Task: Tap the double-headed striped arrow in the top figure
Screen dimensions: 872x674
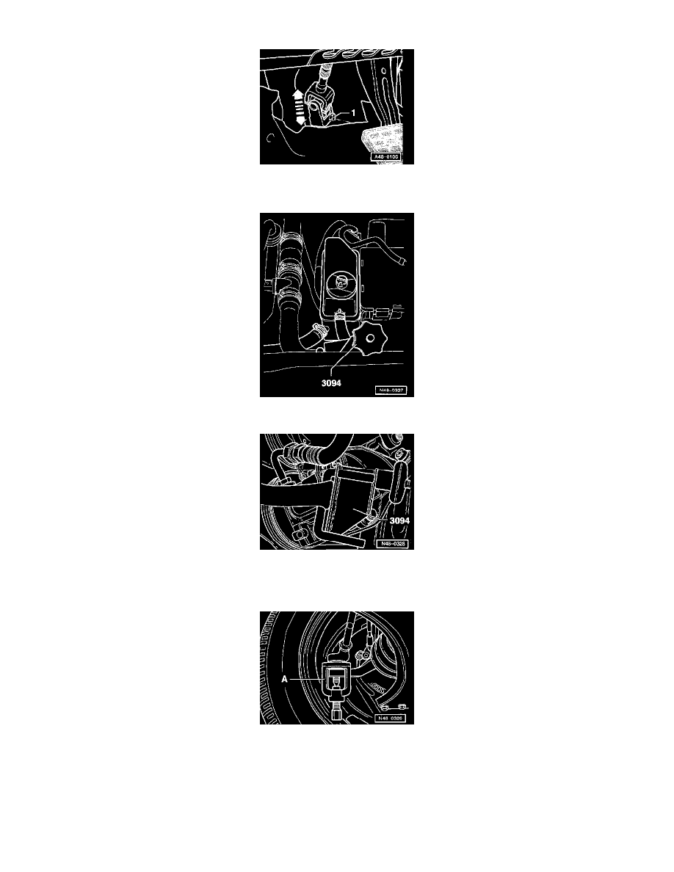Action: tap(299, 106)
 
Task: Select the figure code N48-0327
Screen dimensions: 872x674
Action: tap(391, 389)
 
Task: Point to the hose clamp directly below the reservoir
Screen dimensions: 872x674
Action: tap(339, 316)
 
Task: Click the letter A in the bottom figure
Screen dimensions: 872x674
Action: tap(283, 679)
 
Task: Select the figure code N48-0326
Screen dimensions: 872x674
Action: tap(391, 717)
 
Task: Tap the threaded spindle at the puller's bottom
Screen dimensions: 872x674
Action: tap(331, 711)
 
